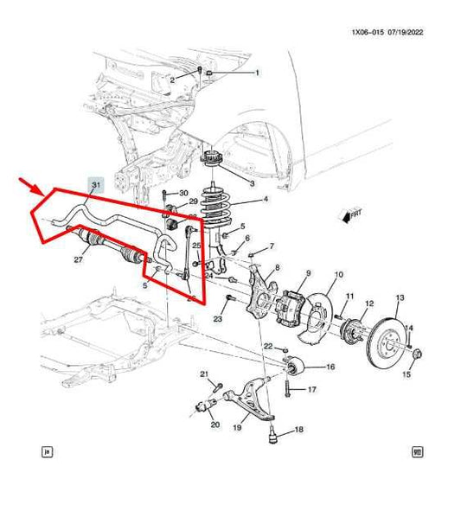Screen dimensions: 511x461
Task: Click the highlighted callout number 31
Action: pyautogui.click(x=96, y=185)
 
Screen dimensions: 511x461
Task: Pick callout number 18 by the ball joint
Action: pyautogui.click(x=299, y=430)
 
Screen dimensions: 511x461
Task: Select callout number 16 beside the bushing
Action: pyautogui.click(x=329, y=367)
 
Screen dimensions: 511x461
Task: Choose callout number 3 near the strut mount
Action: pyautogui.click(x=252, y=184)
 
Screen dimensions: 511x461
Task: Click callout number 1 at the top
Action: pyautogui.click(x=256, y=73)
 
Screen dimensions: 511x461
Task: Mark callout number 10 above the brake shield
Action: pyautogui.click(x=338, y=272)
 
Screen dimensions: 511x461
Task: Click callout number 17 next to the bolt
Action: pyautogui.click(x=311, y=389)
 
